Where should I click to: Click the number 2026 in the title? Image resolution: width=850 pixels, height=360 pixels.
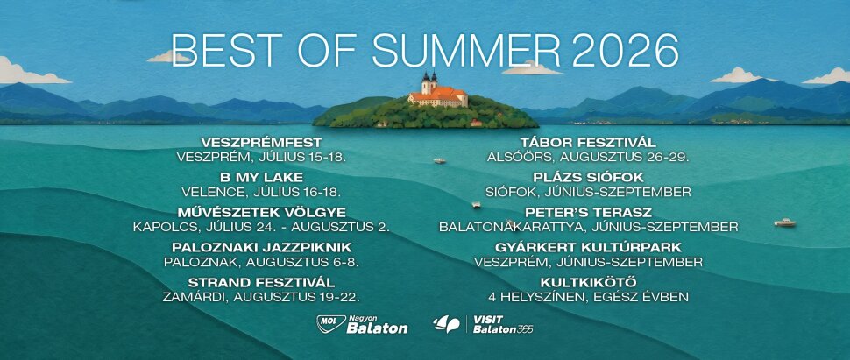tap(625, 51)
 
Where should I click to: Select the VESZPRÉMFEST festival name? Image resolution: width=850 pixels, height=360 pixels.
tap(261, 143)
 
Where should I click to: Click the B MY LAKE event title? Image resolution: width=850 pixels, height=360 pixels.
tap(261, 177)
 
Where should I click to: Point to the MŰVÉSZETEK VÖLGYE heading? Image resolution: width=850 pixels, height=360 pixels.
tap(261, 213)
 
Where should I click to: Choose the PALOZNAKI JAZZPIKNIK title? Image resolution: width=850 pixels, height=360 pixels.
tap(262, 247)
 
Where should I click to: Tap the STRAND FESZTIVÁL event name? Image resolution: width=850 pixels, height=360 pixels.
tap(261, 282)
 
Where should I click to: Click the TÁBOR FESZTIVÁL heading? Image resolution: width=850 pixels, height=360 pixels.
tap(588, 143)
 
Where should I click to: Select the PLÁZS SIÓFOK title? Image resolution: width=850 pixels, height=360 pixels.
tap(588, 177)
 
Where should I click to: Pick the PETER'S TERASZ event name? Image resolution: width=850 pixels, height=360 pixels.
tap(588, 213)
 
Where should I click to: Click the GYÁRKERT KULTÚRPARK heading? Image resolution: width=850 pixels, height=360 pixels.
tap(588, 247)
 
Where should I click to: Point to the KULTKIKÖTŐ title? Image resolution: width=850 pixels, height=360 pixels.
tap(588, 282)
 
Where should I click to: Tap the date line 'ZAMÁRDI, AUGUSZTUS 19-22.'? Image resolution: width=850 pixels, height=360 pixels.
tap(261, 297)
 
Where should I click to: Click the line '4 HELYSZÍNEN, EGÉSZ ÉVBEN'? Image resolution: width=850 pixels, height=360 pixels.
tap(588, 297)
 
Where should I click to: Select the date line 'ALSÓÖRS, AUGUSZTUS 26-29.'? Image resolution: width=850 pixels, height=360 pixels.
tap(588, 158)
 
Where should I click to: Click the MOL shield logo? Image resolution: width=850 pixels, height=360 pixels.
tap(331, 324)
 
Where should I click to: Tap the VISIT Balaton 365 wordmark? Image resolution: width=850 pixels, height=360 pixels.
tap(502, 324)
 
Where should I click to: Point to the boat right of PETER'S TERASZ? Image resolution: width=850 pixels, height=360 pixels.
tap(785, 222)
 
